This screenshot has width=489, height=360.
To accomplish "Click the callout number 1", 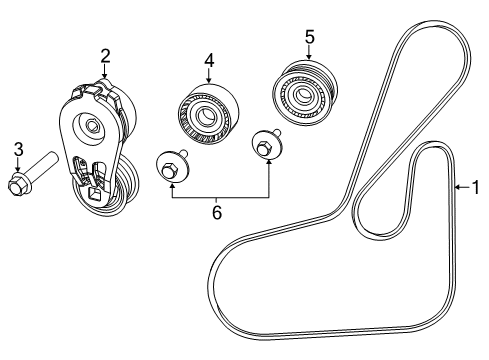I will click(476, 185).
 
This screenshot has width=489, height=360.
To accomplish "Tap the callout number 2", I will click(103, 56).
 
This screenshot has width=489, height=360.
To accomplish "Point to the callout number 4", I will click(209, 60).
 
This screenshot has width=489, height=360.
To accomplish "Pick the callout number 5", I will click(309, 37).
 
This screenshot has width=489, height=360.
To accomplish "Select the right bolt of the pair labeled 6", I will click(265, 147).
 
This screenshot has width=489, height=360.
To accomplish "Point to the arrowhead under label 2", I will click(103, 77).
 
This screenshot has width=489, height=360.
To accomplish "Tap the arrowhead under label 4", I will click(209, 81).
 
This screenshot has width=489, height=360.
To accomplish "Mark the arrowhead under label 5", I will click(309, 58).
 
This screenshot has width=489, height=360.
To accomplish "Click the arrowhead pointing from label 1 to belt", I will click(456, 185).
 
